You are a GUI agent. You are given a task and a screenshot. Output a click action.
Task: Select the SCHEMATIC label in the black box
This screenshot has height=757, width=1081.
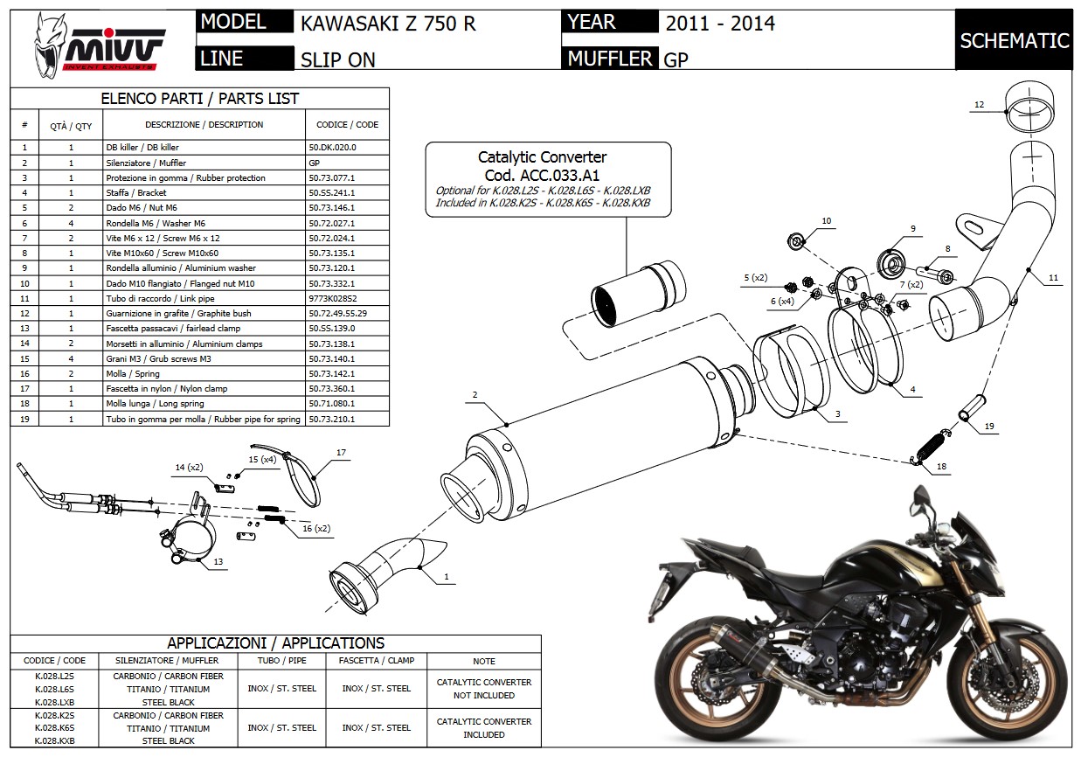pyautogui.click(x=1014, y=40)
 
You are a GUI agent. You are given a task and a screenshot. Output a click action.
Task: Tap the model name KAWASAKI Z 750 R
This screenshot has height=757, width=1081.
pyautogui.click(x=388, y=24)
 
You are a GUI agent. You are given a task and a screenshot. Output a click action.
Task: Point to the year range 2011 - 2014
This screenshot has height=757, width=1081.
pyautogui.click(x=719, y=24)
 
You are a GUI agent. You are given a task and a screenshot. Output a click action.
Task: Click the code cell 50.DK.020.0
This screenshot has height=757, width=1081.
pyautogui.click(x=333, y=148)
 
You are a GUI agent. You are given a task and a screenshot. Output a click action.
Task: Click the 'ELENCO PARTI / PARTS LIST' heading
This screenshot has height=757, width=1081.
pyautogui.click(x=199, y=99)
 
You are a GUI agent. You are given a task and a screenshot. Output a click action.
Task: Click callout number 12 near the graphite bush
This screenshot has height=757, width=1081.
pyautogui.click(x=979, y=105)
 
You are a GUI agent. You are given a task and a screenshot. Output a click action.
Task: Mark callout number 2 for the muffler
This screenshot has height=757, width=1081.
pyautogui.click(x=475, y=395)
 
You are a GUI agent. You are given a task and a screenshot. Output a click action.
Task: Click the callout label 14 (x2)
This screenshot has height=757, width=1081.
pyautogui.click(x=188, y=468)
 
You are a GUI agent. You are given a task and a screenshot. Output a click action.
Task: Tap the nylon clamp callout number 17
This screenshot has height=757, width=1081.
pyautogui.click(x=341, y=453)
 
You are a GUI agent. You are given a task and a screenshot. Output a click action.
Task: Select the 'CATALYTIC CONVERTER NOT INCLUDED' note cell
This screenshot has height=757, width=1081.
pyautogui.click(x=483, y=688)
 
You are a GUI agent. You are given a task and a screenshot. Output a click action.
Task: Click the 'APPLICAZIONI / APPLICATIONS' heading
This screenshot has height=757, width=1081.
pyautogui.click(x=275, y=643)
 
